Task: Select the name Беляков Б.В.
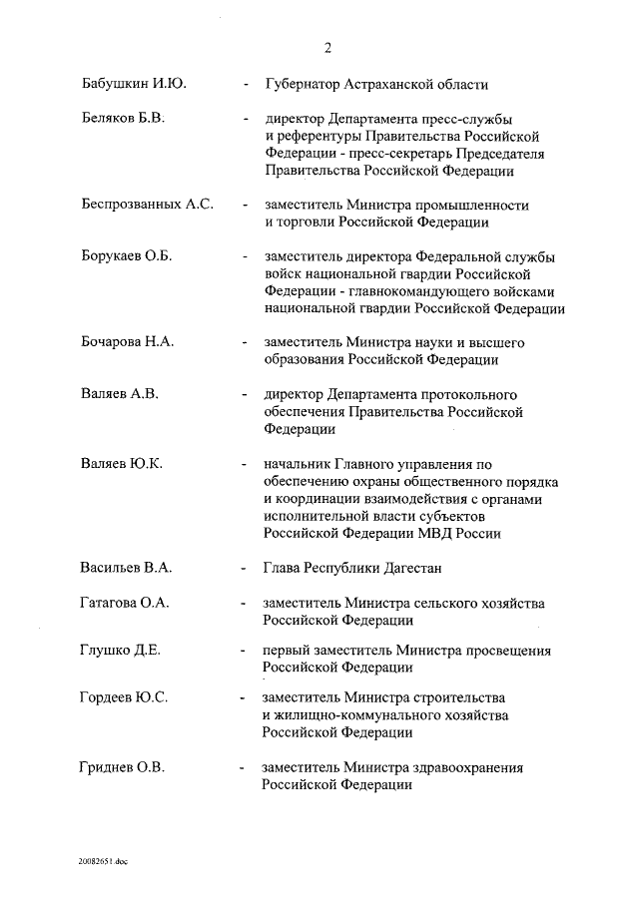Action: [x=123, y=119]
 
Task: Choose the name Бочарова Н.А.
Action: [x=128, y=342]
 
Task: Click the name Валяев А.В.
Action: [x=119, y=394]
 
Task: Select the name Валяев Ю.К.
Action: [x=122, y=464]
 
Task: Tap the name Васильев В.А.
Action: [x=127, y=568]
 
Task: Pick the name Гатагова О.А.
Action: [x=125, y=603]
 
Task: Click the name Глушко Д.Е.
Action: [x=121, y=651]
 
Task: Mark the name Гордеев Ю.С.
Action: [x=124, y=697]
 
